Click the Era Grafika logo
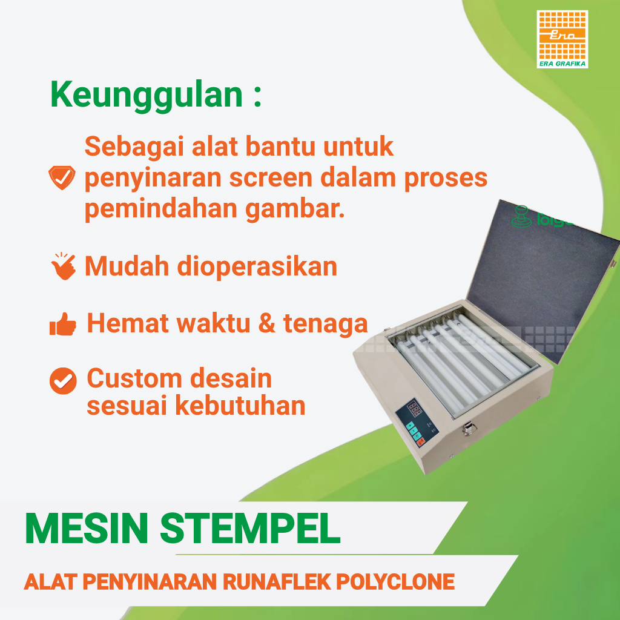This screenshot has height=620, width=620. tap(562, 39)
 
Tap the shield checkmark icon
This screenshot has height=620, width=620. tap(62, 178)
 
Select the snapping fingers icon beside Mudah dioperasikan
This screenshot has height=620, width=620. tap(63, 267)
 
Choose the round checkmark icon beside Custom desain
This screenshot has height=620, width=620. tap(63, 380)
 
